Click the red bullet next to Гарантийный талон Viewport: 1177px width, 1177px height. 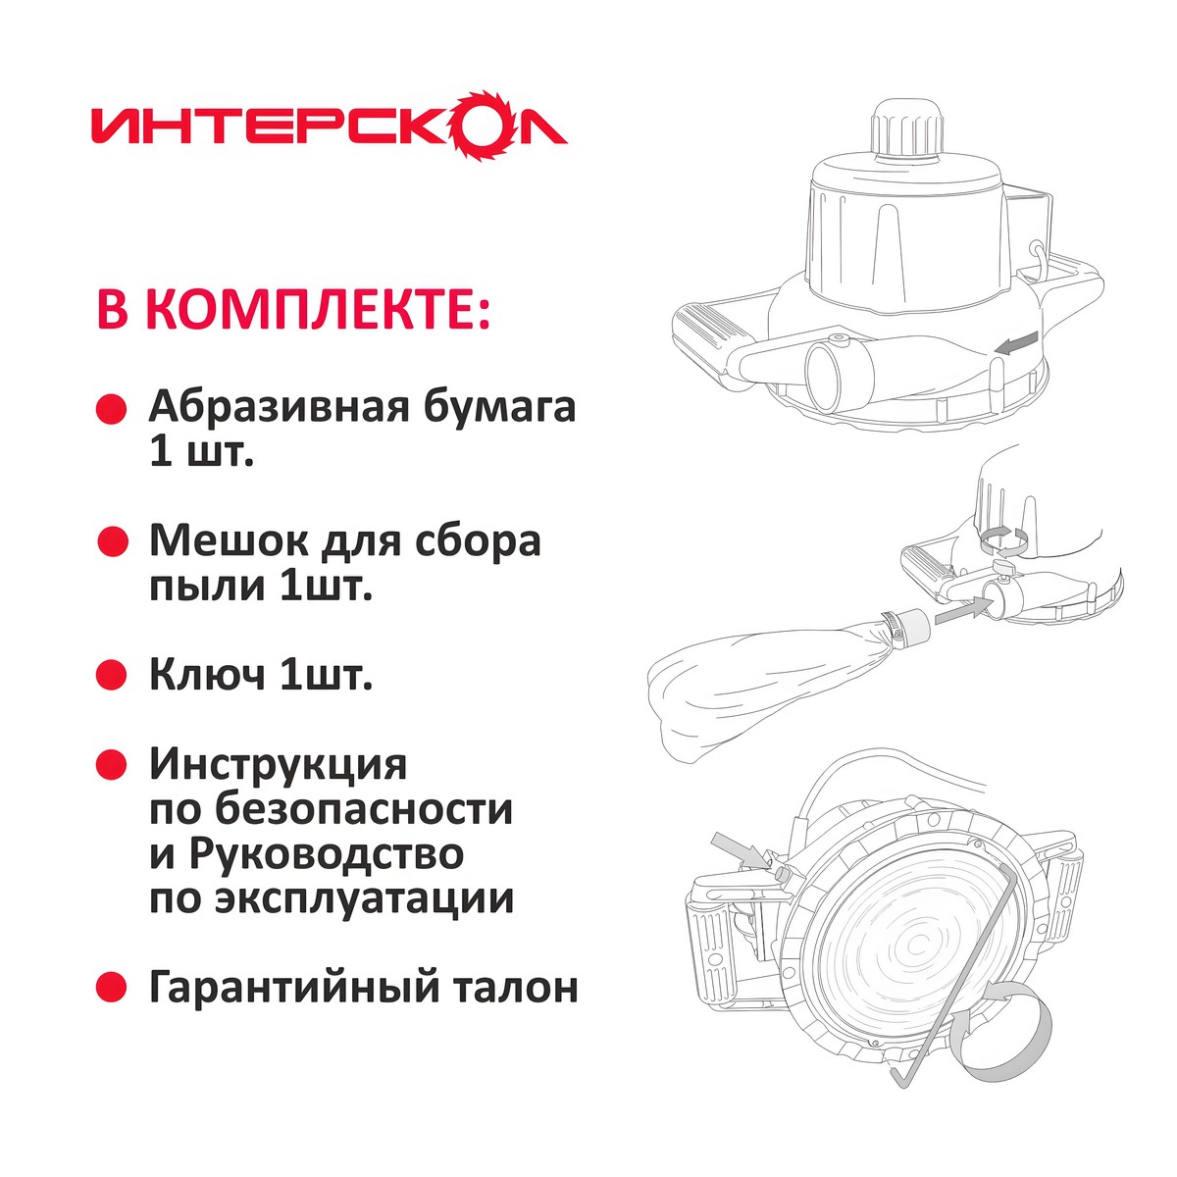pyautogui.click(x=112, y=987)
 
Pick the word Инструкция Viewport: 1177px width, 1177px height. pyautogui.click(x=278, y=764)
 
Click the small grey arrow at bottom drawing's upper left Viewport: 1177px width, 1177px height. pyautogui.click(x=738, y=849)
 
